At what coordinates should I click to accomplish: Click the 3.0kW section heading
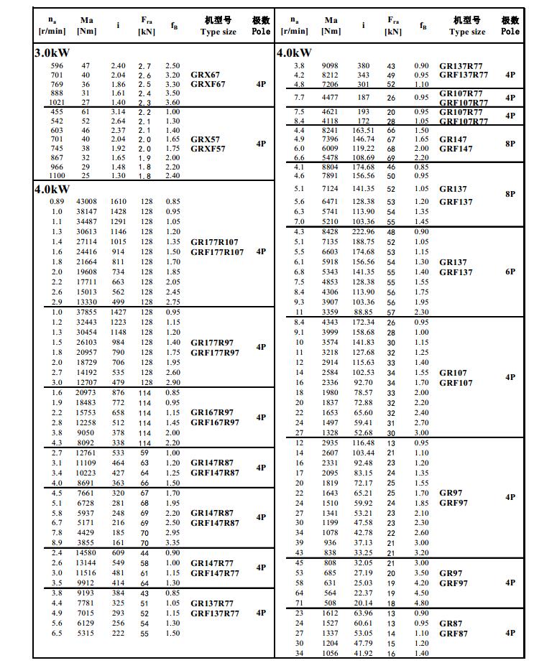point(52,53)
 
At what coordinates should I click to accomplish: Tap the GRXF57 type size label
point(208,149)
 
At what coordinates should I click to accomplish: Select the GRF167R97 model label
point(215,422)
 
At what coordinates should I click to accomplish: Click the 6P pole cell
point(510,272)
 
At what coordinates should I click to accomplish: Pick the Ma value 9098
point(330,66)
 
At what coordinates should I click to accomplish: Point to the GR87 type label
point(451,623)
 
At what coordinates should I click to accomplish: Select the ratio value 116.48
point(363,443)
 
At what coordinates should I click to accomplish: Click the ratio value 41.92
point(363,654)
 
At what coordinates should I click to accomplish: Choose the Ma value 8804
point(330,167)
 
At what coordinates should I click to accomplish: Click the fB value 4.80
point(421,603)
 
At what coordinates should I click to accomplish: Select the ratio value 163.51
point(363,130)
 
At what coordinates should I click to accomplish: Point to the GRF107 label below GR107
point(456,383)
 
